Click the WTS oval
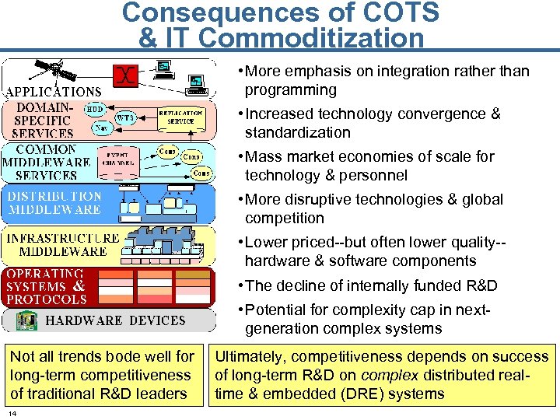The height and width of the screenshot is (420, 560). tap(126, 117)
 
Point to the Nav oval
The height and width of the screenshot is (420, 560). tap(101, 129)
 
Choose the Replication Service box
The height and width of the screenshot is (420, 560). tap(181, 117)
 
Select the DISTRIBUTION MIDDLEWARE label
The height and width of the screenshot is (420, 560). tap(54, 203)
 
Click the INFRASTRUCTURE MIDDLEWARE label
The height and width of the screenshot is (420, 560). tap(63, 244)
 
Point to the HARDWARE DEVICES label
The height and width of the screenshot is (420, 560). tap(116, 320)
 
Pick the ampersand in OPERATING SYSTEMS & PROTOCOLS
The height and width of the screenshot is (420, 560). tap(79, 285)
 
